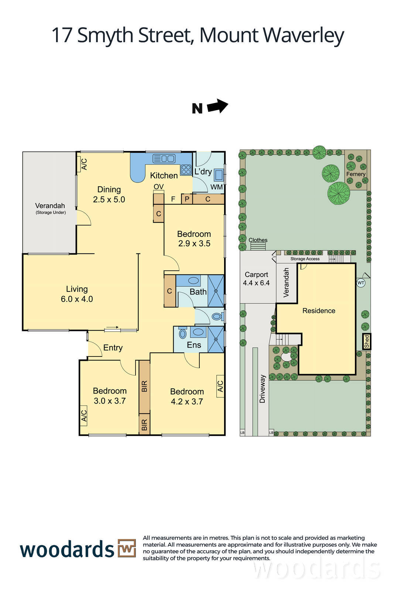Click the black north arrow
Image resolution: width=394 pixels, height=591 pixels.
(x=217, y=106)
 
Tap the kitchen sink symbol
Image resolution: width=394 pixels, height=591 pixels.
(x=164, y=158)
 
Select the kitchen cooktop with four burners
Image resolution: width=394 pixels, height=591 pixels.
(x=186, y=170)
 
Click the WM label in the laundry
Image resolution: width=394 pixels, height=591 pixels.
(x=217, y=187)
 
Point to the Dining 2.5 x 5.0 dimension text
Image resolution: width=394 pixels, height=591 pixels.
(x=109, y=199)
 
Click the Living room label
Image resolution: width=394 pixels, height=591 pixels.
(x=77, y=289)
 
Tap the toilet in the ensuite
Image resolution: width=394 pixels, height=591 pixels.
(x=182, y=333)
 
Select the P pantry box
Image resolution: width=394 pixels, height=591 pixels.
(x=187, y=199)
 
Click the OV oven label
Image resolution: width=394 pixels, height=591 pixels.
(x=158, y=187)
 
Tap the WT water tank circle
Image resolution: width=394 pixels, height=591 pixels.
(x=361, y=283)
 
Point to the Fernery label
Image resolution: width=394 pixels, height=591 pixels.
(x=356, y=174)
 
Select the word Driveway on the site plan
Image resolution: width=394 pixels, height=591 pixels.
(x=262, y=389)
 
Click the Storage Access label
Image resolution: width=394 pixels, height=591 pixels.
(x=305, y=259)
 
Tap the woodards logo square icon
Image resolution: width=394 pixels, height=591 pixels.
(x=127, y=548)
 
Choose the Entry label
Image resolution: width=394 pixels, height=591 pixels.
(x=113, y=348)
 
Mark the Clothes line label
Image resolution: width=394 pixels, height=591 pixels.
(x=258, y=240)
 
